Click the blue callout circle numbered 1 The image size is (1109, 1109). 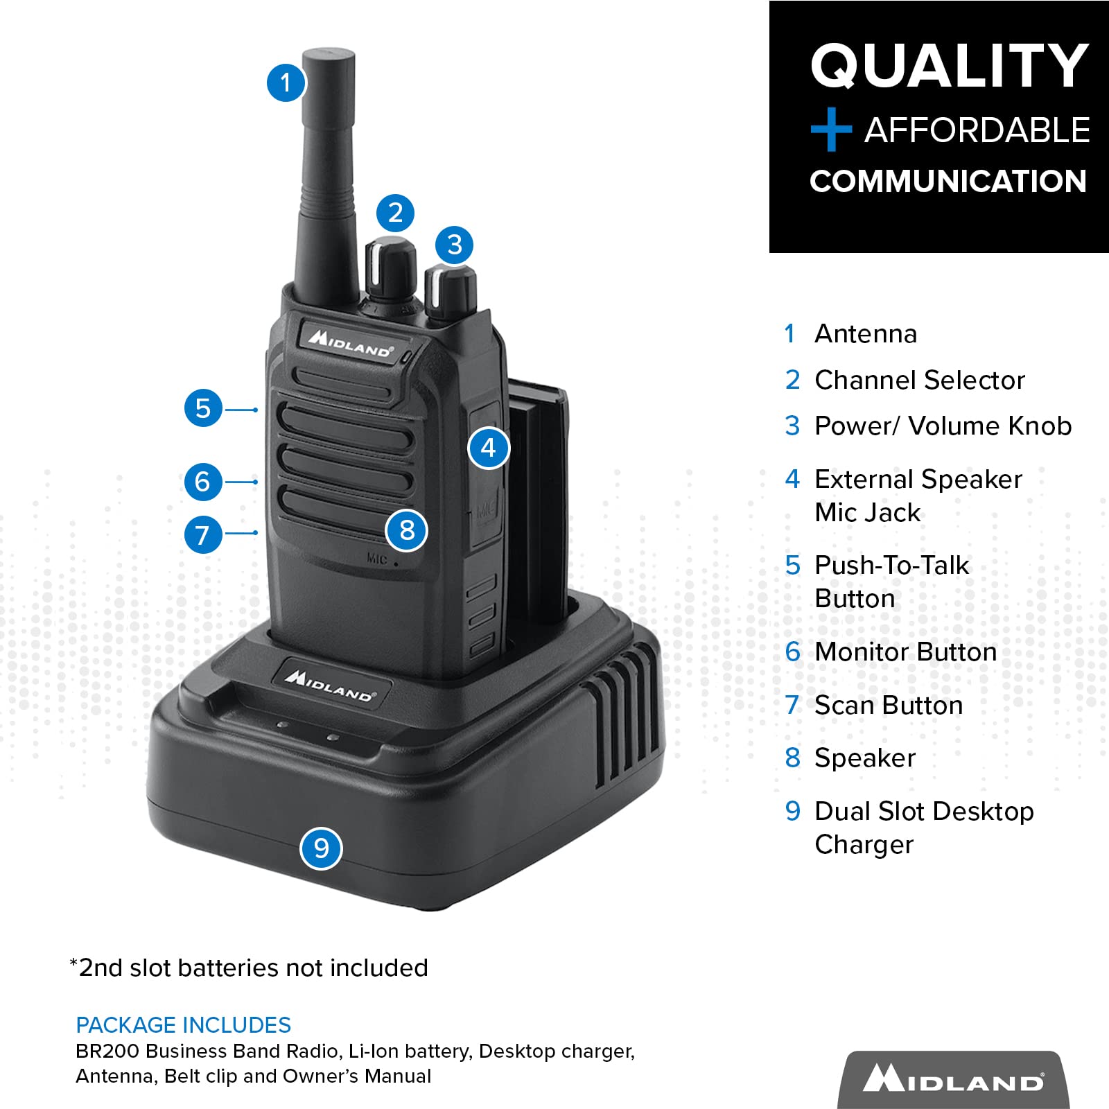[285, 83]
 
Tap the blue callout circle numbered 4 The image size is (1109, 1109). [489, 448]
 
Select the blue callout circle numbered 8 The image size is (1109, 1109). [407, 531]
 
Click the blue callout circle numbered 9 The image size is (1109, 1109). [321, 848]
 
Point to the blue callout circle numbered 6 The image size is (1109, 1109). [202, 482]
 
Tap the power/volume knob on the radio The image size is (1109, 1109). [451, 291]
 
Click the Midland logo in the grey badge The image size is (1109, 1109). [953, 1080]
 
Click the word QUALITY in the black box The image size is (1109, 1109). [949, 66]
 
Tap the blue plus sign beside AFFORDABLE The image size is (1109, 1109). [830, 130]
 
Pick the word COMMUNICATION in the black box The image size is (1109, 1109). [948, 182]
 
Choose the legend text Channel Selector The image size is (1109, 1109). [919, 380]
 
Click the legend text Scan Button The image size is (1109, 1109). [889, 705]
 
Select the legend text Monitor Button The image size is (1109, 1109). [905, 652]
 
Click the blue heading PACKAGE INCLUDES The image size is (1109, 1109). [183, 1025]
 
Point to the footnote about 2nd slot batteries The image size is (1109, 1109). [250, 968]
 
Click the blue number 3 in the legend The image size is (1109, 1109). [792, 426]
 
